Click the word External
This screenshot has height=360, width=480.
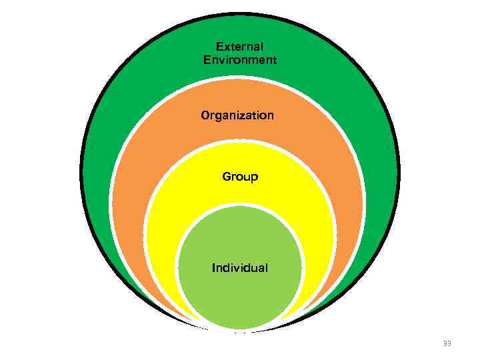tap(240, 47)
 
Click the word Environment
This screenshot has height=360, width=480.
tap(240, 60)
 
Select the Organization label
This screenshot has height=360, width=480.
tap(237, 115)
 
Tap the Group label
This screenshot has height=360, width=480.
tap(240, 177)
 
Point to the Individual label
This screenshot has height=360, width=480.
tap(240, 268)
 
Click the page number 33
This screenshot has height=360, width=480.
tap(447, 343)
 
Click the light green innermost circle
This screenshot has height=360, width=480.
tap(240, 293)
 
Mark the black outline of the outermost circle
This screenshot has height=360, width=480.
tap(82, 173)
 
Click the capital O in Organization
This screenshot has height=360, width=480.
tap(205, 115)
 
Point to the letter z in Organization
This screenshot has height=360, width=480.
tap(243, 116)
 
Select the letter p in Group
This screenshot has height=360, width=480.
tap(255, 179)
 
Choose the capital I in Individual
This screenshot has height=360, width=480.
tap(213, 268)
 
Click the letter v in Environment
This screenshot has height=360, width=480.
tap(222, 60)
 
